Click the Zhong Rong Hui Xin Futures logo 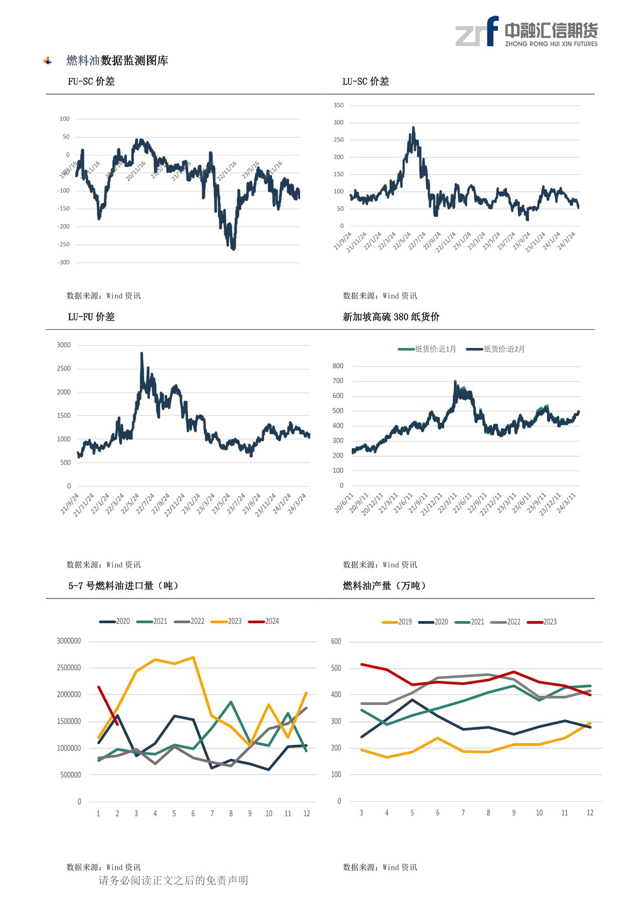(x=526, y=32)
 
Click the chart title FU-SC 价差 (x=91, y=81)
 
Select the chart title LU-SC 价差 (x=366, y=81)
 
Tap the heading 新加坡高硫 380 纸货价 (x=391, y=317)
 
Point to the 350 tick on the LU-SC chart (x=338, y=105)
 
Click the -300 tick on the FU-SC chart (x=63, y=262)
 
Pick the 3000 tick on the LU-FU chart (x=63, y=345)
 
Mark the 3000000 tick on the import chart (x=69, y=641)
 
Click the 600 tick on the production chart (x=336, y=642)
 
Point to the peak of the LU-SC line (x=413, y=127)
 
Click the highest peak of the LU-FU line (x=141, y=353)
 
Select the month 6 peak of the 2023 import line (x=193, y=657)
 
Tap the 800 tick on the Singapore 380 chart (x=338, y=366)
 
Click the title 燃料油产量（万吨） (x=385, y=586)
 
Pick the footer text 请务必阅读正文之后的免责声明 (x=173, y=880)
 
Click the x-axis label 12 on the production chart (x=590, y=813)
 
